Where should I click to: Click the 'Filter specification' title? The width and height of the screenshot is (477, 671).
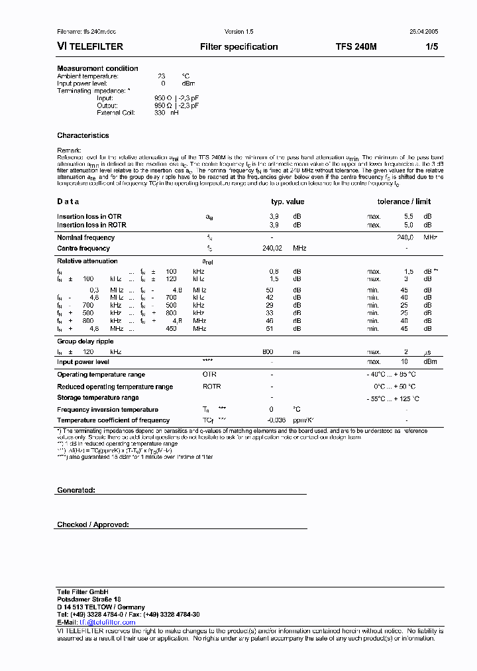click(x=238, y=47)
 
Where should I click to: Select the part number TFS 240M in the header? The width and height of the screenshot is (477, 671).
click(x=356, y=47)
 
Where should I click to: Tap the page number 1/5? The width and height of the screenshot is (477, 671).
click(x=431, y=47)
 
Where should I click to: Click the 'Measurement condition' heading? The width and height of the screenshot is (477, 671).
click(x=97, y=68)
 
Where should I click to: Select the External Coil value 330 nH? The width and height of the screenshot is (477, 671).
click(x=166, y=113)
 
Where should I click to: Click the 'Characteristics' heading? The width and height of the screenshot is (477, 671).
click(x=83, y=135)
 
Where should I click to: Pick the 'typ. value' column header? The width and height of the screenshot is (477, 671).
click(x=288, y=202)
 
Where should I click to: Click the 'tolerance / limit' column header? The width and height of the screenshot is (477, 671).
click(x=403, y=202)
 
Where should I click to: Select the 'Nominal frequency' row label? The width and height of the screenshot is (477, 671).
click(x=85, y=237)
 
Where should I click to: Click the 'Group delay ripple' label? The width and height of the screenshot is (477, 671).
click(x=85, y=341)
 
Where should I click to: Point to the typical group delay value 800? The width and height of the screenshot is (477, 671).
click(x=268, y=351)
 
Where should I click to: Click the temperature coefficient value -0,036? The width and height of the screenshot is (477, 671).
click(x=276, y=420)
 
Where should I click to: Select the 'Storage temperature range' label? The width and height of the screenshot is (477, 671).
click(x=97, y=398)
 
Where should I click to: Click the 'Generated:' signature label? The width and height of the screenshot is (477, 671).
click(x=76, y=490)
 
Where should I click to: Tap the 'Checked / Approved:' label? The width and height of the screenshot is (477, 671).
click(x=93, y=524)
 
